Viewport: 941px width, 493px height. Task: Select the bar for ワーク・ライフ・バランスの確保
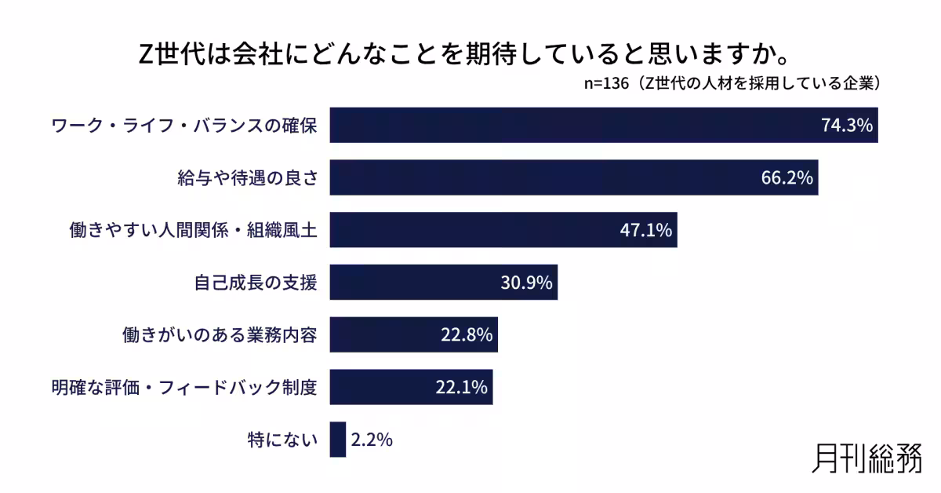[603, 126]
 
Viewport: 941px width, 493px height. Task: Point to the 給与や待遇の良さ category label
[247, 178]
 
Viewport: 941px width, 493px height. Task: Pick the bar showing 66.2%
[573, 178]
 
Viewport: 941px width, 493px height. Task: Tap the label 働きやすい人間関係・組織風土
[193, 230]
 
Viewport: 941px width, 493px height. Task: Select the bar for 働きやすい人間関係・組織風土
[503, 230]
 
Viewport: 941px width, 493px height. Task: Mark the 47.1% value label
[645, 230]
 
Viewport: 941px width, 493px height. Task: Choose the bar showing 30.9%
[443, 283]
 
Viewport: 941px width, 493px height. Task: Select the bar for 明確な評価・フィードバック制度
[411, 387]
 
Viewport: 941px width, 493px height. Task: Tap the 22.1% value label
[461, 387]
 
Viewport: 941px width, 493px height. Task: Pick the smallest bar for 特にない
[337, 440]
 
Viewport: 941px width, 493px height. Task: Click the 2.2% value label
[371, 440]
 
